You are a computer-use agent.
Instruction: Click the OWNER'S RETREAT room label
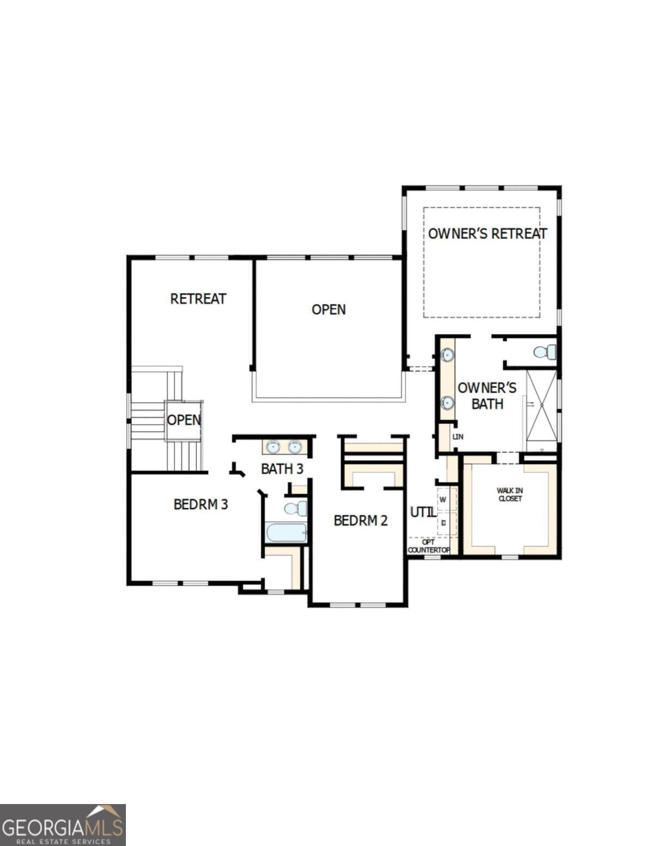coord(487,234)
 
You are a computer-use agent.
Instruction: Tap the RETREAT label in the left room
coord(198,299)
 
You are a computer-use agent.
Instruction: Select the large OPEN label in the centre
coord(329,309)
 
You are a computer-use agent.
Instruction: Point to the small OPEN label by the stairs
coord(184,420)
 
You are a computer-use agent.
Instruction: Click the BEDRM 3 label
coord(201,504)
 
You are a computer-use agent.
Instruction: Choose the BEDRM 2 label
coord(361,521)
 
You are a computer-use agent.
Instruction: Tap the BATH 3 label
coord(282,468)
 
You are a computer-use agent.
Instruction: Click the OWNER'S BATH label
coord(487,396)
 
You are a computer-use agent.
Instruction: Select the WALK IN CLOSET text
coord(510,495)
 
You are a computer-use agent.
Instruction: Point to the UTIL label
coord(422,513)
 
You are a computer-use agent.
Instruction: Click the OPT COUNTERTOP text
coord(429,546)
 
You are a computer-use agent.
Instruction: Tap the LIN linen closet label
coord(458,437)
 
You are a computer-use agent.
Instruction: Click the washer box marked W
coord(444,500)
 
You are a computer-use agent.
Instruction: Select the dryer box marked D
coord(444,523)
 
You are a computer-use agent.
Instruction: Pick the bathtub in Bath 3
coord(286,532)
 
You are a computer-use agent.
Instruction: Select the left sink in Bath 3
coord(273,447)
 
